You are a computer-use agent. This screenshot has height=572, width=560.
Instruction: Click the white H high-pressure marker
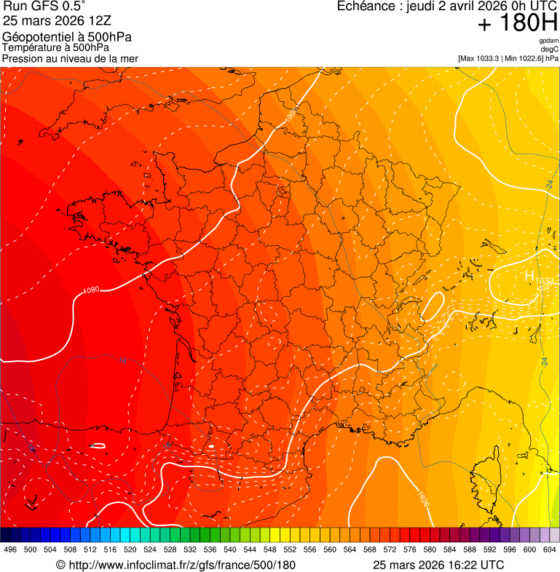coord(529,276)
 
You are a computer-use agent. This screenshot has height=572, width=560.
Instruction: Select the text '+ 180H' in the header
coord(518,23)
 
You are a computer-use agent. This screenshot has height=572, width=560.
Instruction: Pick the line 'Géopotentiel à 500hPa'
coord(67,37)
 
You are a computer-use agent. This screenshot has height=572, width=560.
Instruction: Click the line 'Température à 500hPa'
coord(60,48)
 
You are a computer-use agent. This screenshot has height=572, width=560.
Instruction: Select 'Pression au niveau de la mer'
coord(70,58)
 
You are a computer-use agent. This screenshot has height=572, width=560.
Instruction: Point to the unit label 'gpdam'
coord(548,41)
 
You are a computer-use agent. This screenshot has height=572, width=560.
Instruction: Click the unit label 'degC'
coord(551,49)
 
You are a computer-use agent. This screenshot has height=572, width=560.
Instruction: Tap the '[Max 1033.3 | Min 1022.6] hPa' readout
coord(508,57)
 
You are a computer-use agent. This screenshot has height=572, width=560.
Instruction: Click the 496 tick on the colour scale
coord(10,549)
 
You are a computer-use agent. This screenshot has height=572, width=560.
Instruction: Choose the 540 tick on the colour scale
coord(230,549)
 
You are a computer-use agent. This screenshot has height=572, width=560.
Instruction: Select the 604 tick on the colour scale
coord(550,549)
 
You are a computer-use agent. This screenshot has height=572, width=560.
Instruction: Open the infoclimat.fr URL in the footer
coord(176,565)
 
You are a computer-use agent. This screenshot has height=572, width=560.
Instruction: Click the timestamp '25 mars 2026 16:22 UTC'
coord(438,565)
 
